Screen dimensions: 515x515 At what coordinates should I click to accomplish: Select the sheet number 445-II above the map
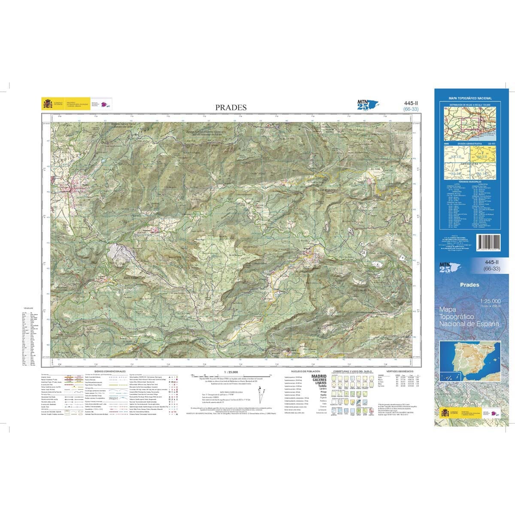pos(411,103)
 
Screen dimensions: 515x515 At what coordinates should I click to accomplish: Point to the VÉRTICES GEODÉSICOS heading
pos(400,371)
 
